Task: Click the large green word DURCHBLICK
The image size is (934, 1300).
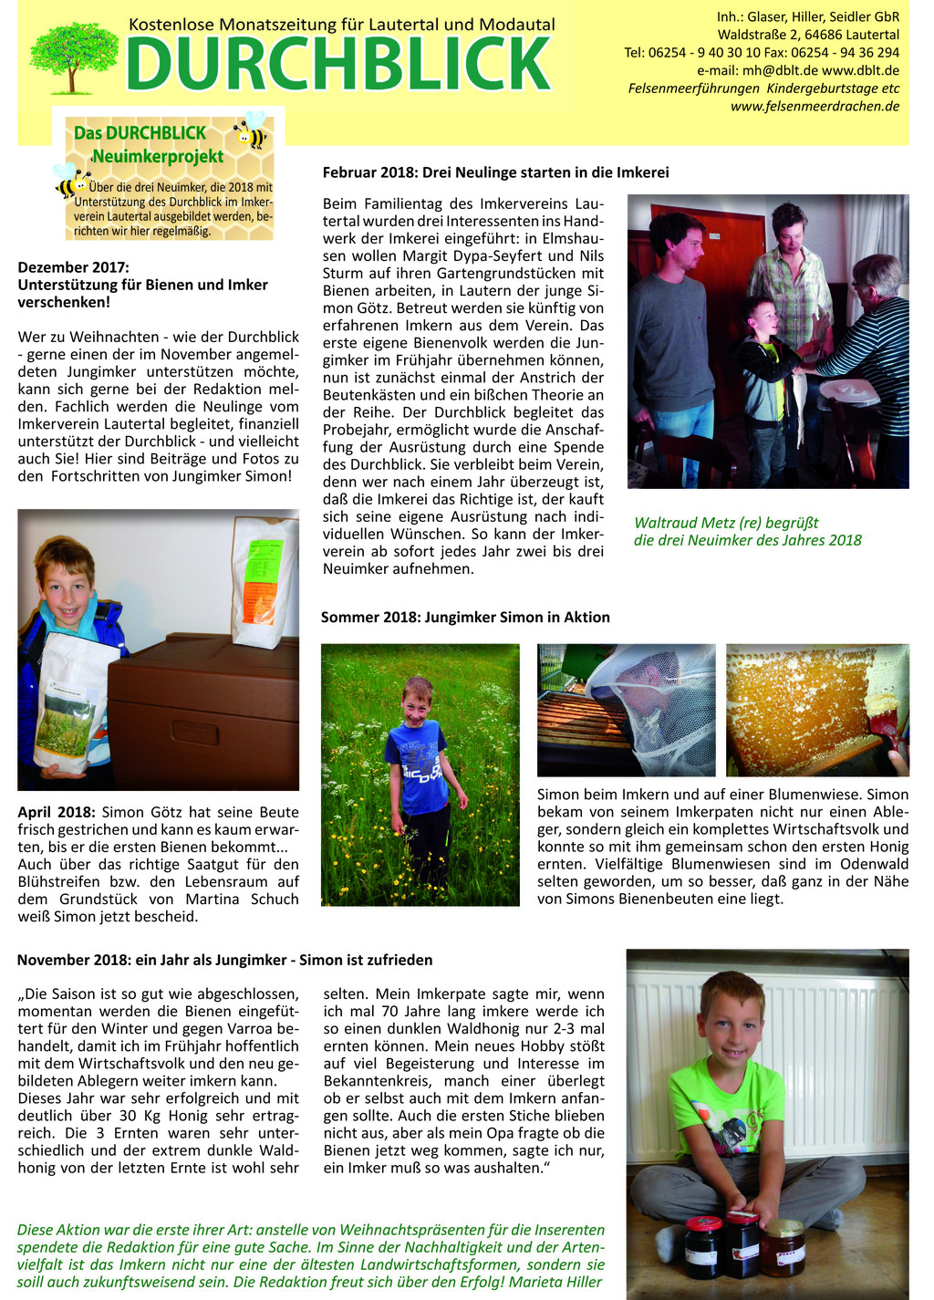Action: click(338, 64)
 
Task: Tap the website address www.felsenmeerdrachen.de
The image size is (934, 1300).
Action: click(815, 106)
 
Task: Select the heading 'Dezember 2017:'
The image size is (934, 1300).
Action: click(74, 267)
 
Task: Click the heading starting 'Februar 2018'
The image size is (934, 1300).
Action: click(495, 172)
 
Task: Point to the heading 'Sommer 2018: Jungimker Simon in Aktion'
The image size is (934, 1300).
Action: click(465, 618)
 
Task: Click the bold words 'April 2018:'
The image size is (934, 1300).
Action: click(56, 812)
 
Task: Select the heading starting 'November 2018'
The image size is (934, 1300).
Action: click(224, 960)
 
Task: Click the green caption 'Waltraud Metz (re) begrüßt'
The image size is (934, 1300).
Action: click(726, 523)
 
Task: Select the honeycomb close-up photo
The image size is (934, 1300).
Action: click(817, 710)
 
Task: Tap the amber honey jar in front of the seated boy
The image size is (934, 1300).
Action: click(783, 1246)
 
